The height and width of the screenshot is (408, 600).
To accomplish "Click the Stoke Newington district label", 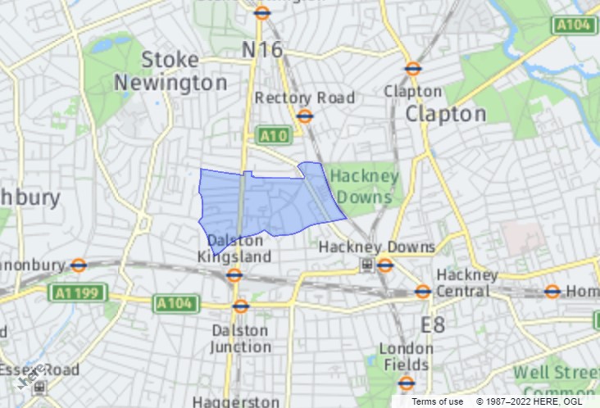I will tap(170, 71).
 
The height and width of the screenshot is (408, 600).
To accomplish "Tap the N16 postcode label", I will tap(262, 50).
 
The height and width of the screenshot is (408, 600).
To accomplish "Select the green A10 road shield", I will tap(273, 135).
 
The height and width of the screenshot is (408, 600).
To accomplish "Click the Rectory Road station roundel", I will tap(305, 116).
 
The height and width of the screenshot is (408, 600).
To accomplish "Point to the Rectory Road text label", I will tap(305, 97).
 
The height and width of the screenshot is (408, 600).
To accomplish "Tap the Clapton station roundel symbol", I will tap(413, 70).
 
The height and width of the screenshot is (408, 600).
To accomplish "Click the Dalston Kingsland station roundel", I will tap(234, 275).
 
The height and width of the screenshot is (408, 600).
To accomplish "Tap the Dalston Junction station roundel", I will tap(240, 306).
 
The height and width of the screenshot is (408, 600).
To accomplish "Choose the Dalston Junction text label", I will tap(240, 338).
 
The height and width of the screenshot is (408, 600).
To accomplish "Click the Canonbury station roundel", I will tap(79, 265).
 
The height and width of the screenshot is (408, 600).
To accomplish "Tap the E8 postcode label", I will tap(433, 325).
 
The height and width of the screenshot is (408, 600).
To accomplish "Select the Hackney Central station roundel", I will tap(423, 291).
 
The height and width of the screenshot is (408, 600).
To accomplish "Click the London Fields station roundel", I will tap(407, 383).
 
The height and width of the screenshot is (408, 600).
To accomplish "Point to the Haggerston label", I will tap(236, 401).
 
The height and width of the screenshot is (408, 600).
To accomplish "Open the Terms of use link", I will tap(437, 401).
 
